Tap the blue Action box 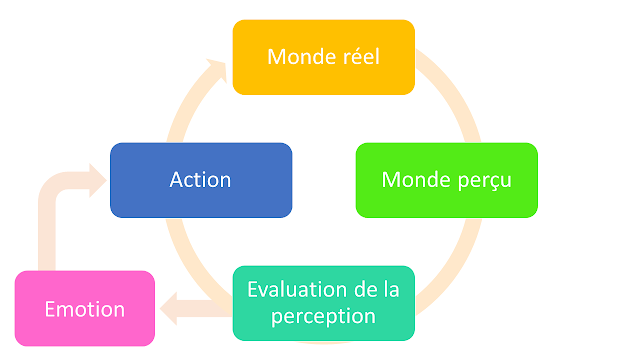coord(200,180)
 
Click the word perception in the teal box coord(323,316)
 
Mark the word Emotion coord(85,309)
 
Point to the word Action coord(200,180)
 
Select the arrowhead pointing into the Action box coord(96,180)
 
